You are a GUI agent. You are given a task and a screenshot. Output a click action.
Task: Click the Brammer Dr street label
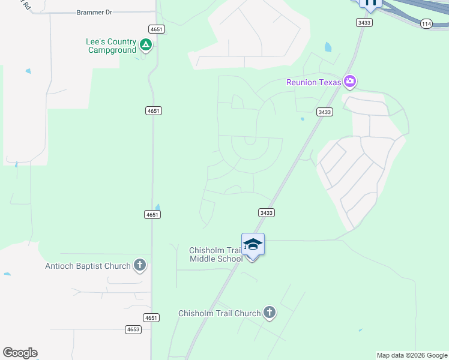coord(95,13)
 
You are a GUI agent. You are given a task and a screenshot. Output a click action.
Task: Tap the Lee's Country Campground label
coord(112,46)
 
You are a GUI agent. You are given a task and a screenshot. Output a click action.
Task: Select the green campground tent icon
coord(145,45)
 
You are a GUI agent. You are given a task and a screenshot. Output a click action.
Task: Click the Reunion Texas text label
coord(313,82)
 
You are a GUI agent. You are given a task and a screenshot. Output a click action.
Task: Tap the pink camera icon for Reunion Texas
coord(350,82)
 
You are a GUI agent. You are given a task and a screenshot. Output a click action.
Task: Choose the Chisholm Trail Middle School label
coord(215,254)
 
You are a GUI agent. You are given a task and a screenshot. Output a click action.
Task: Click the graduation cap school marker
coord(253,244)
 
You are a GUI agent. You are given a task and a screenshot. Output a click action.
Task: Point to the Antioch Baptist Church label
coord(88,266)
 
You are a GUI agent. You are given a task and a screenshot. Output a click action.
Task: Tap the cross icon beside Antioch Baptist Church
coord(140,265)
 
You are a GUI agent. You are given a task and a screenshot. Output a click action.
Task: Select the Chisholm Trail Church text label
coord(219,313)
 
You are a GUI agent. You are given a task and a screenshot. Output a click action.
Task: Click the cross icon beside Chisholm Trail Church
coord(270,313)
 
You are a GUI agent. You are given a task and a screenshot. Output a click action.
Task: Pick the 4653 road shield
coord(133,329)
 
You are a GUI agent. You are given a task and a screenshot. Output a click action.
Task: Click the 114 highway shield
coord(426,23)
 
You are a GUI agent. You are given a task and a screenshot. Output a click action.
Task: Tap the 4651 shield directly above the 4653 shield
coord(152,317)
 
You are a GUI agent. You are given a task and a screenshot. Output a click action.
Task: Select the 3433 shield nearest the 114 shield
coord(364,22)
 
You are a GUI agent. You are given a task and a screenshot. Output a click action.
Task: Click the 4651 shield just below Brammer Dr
coord(157,29)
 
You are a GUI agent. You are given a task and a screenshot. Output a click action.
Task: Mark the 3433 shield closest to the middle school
coord(267,212)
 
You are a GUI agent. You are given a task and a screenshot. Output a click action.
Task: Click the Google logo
coord(20,353)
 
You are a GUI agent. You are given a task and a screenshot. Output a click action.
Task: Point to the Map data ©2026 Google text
coord(412,355)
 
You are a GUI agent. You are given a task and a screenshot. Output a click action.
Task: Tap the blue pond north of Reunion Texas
coord(328,47)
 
